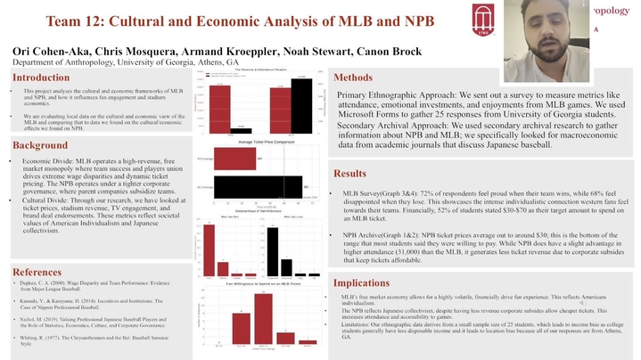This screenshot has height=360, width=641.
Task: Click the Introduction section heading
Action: (x=41, y=78)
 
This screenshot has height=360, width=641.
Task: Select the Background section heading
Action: (x=40, y=145)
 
